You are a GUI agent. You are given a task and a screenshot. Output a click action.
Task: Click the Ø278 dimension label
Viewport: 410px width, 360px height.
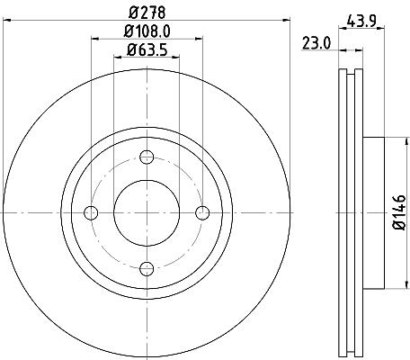coord(147,13)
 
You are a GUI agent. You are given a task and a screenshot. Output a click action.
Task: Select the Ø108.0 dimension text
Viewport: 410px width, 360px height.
coord(147,31)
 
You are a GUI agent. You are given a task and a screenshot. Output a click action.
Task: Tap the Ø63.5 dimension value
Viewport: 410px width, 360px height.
coord(147,49)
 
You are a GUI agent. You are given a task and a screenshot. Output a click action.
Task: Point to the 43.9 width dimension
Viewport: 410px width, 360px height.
coord(361,21)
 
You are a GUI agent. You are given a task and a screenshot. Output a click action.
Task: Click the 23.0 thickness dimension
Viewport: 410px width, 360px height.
coord(316,43)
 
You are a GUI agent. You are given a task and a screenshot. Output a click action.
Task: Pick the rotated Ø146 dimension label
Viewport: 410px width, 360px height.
coord(399,212)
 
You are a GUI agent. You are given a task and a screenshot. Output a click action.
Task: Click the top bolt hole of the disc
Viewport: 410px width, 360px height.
coord(147,157)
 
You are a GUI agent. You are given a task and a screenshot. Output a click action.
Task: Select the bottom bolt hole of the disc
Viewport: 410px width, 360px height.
coord(147,268)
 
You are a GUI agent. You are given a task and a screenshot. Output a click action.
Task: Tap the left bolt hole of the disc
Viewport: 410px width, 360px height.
coord(91,213)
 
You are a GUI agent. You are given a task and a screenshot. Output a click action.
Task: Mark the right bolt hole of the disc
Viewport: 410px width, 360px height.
coord(202,213)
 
